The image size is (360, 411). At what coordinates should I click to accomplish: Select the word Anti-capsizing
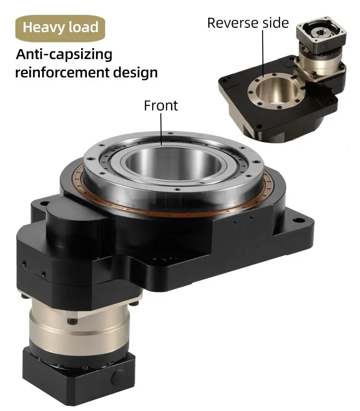tap(64, 54)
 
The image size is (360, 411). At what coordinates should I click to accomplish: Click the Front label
tap(161, 105)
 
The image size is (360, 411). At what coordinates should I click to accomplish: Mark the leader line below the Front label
tap(161, 129)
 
